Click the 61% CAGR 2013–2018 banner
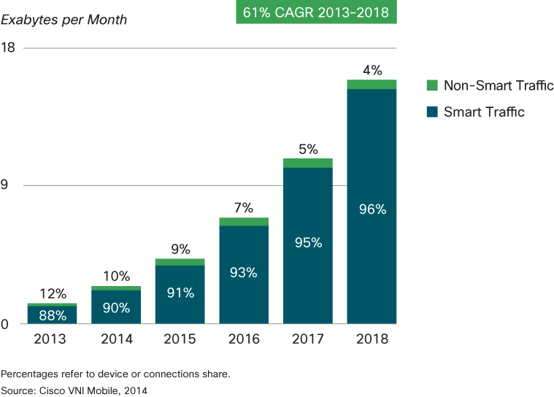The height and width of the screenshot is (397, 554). tap(316, 12)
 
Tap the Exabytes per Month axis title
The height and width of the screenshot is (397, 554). tap(64, 20)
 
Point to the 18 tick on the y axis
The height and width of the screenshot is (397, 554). tap(9, 47)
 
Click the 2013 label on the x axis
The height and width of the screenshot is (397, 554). tap(51, 339)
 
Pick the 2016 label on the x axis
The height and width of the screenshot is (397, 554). tap(243, 339)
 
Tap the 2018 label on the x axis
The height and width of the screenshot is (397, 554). tap(372, 339)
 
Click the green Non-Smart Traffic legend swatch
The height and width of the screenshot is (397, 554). tap(431, 85)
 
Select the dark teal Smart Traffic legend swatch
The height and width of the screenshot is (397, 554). tap(431, 112)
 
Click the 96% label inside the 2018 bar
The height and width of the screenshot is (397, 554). tap(372, 209)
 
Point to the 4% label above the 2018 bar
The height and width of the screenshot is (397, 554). tap(372, 70)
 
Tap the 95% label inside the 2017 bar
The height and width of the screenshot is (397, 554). tap(308, 243)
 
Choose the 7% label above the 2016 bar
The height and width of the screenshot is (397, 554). tap(243, 208)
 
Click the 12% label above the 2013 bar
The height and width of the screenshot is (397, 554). tap(52, 293)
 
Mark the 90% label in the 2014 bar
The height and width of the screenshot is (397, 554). tap(116, 308)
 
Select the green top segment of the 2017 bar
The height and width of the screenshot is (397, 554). tap(308, 163)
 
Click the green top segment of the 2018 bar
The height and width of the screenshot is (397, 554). tap(372, 84)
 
